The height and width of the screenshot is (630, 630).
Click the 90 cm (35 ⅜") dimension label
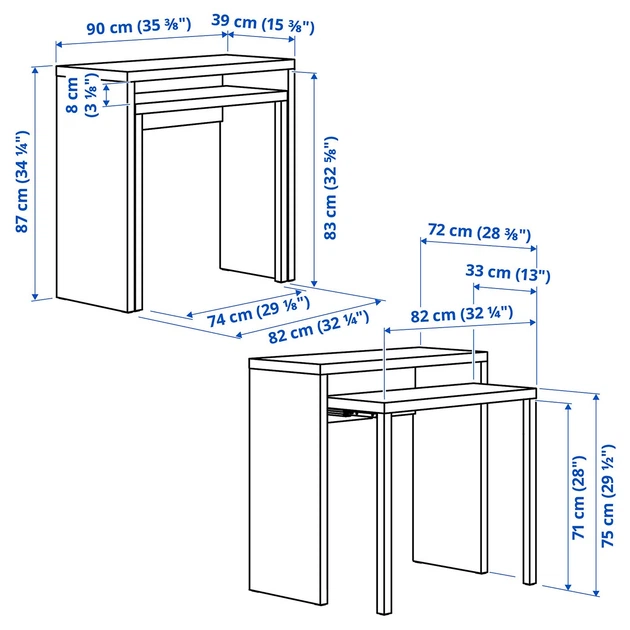139,27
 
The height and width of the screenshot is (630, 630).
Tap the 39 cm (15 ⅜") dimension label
263,24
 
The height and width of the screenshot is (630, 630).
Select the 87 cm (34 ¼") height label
23,182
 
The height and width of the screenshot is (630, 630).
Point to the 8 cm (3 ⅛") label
82,95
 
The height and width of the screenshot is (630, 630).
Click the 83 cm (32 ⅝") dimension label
331,188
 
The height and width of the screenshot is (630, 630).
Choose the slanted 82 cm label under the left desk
319,327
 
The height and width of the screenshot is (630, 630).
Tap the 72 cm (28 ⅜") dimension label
479,231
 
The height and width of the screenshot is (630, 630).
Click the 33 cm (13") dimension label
508,273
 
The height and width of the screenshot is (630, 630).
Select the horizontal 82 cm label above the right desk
462,314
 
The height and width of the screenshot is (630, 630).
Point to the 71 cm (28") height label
579,497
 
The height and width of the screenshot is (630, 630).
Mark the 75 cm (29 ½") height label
608,495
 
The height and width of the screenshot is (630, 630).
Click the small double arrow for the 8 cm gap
106,95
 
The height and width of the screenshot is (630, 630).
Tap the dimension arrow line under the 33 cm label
505,288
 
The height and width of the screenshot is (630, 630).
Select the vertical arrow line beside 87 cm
35,183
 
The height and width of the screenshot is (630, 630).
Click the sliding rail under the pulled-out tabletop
349,414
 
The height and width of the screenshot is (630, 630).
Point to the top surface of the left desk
175,64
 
